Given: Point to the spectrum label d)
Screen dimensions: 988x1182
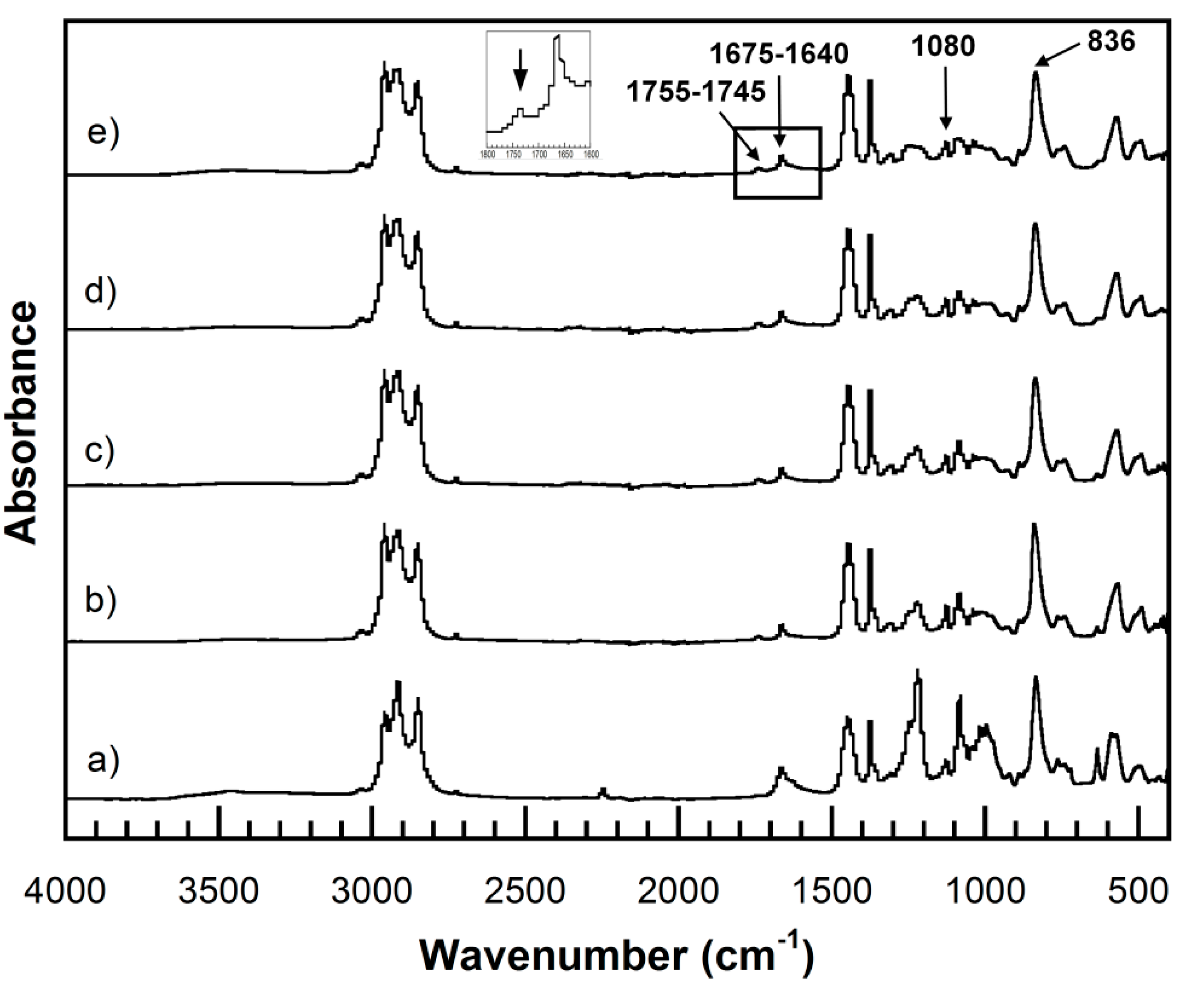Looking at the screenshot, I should pyautogui.click(x=101, y=293).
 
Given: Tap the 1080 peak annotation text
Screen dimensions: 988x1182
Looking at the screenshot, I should pyautogui.click(x=943, y=47).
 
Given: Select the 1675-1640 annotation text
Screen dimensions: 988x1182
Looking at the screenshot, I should pyautogui.click(x=779, y=55).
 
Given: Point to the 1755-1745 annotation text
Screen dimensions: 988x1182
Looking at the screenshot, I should pyautogui.click(x=696, y=91).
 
